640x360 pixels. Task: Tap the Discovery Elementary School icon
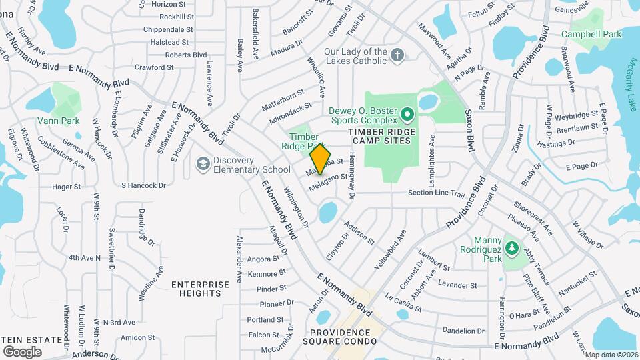tap(202, 164)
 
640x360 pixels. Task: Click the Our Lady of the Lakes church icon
tap(397, 55)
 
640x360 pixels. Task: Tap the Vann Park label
tap(59, 121)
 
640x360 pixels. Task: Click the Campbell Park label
tap(591, 34)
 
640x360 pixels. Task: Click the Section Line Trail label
tap(436, 193)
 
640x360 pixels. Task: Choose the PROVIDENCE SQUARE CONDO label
tap(343, 337)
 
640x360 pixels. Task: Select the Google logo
tap(22, 351)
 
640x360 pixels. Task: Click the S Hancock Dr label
tap(143, 185)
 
